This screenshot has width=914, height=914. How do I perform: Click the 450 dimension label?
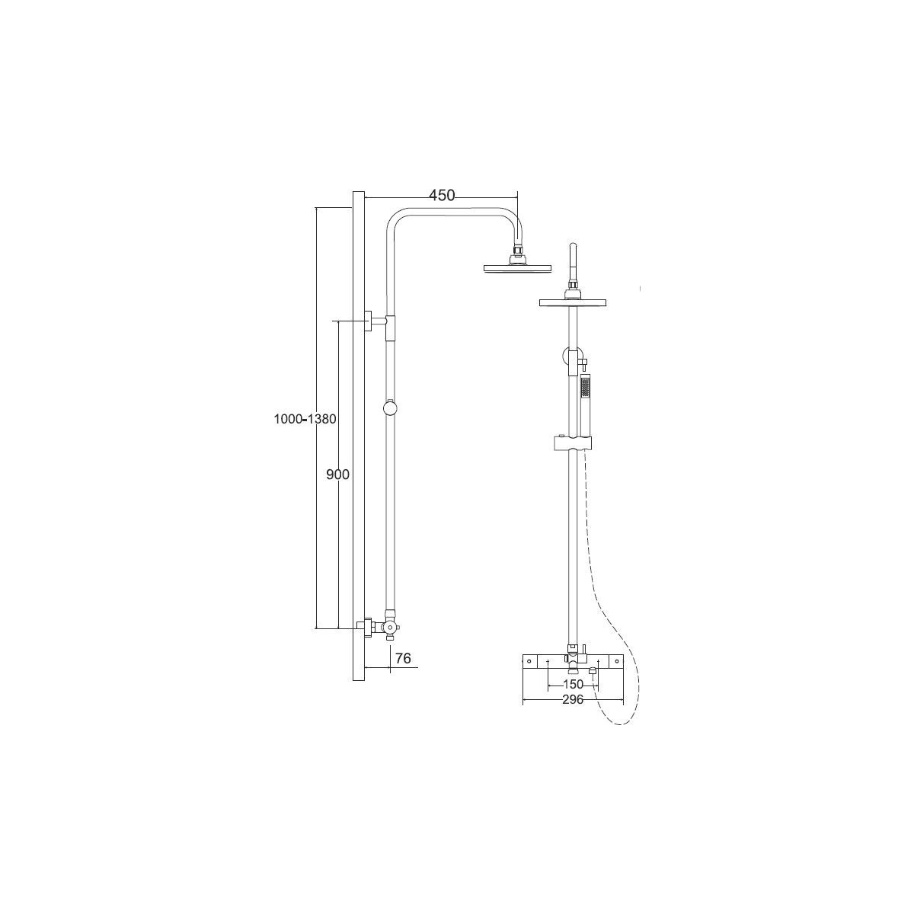click(x=442, y=196)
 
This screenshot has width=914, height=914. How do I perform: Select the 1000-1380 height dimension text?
click(x=305, y=419)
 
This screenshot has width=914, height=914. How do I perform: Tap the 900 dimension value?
click(x=337, y=475)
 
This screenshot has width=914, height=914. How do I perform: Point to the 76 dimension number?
click(x=403, y=658)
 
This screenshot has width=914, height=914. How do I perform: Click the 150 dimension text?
click(x=573, y=685)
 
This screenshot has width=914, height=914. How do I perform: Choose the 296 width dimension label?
click(x=573, y=700)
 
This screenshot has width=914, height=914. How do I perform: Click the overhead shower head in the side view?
click(x=517, y=268)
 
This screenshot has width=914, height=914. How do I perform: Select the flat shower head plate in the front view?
click(x=573, y=302)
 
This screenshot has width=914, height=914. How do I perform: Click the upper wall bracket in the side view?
click(x=375, y=321)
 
